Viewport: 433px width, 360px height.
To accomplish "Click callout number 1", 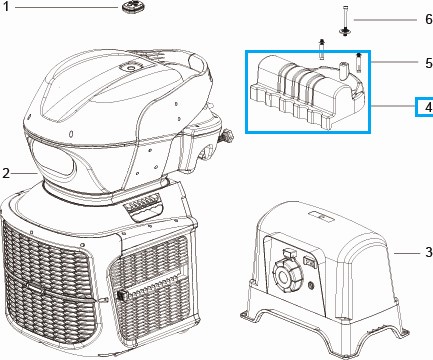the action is (x=5, y=6).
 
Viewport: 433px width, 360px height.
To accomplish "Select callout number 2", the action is (x=6, y=173).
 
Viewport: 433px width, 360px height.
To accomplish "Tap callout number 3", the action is (x=429, y=252).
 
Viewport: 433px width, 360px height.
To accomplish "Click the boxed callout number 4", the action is (x=428, y=107).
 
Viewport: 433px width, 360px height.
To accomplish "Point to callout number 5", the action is (x=429, y=63).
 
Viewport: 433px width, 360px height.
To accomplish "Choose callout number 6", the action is (x=429, y=19).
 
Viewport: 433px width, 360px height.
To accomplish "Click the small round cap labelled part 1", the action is (x=131, y=6).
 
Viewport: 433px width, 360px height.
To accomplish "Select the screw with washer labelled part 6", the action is (x=345, y=21).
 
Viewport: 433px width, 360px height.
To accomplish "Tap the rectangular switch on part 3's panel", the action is (x=308, y=261).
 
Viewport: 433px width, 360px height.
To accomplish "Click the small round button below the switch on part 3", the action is (x=311, y=285).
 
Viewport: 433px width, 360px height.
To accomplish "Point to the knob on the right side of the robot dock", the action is (x=227, y=136).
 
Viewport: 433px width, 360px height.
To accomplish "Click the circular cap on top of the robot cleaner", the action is (x=131, y=67).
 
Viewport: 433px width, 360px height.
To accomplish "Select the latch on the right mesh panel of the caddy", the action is (x=122, y=295).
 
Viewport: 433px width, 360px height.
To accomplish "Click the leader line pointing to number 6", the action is (x=385, y=20).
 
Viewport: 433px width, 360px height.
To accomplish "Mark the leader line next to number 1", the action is (x=66, y=7).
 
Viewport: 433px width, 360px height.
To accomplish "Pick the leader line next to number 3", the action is (x=407, y=253).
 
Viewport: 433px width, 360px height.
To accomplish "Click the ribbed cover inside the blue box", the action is (x=307, y=92).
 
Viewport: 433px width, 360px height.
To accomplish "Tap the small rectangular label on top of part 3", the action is (x=320, y=216).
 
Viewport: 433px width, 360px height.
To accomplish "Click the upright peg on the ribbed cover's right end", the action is (x=342, y=71).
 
